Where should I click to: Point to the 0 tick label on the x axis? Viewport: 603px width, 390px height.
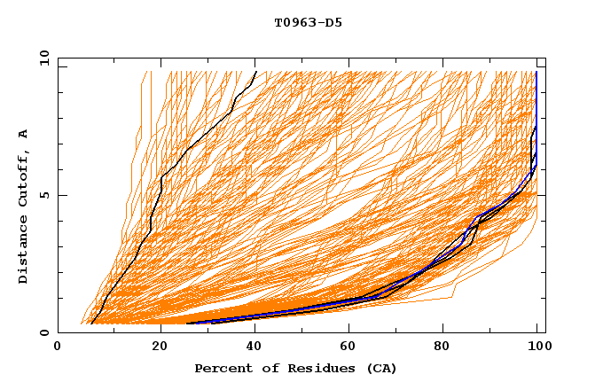[58, 347]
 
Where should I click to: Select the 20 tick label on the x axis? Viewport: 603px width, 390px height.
[161, 347]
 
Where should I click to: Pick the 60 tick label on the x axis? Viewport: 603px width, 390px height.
[353, 347]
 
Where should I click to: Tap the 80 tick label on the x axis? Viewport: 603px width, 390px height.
[450, 347]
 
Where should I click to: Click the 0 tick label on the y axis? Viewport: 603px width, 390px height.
[43, 333]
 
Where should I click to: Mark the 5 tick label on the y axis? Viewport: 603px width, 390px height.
[43, 195]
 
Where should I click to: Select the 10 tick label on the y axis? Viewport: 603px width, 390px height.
[41, 58]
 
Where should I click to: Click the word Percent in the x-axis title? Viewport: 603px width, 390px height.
[221, 369]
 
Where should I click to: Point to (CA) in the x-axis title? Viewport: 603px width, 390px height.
[380, 369]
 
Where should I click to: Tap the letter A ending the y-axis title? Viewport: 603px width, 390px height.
[24, 134]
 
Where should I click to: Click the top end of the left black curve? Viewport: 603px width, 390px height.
[256, 72]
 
